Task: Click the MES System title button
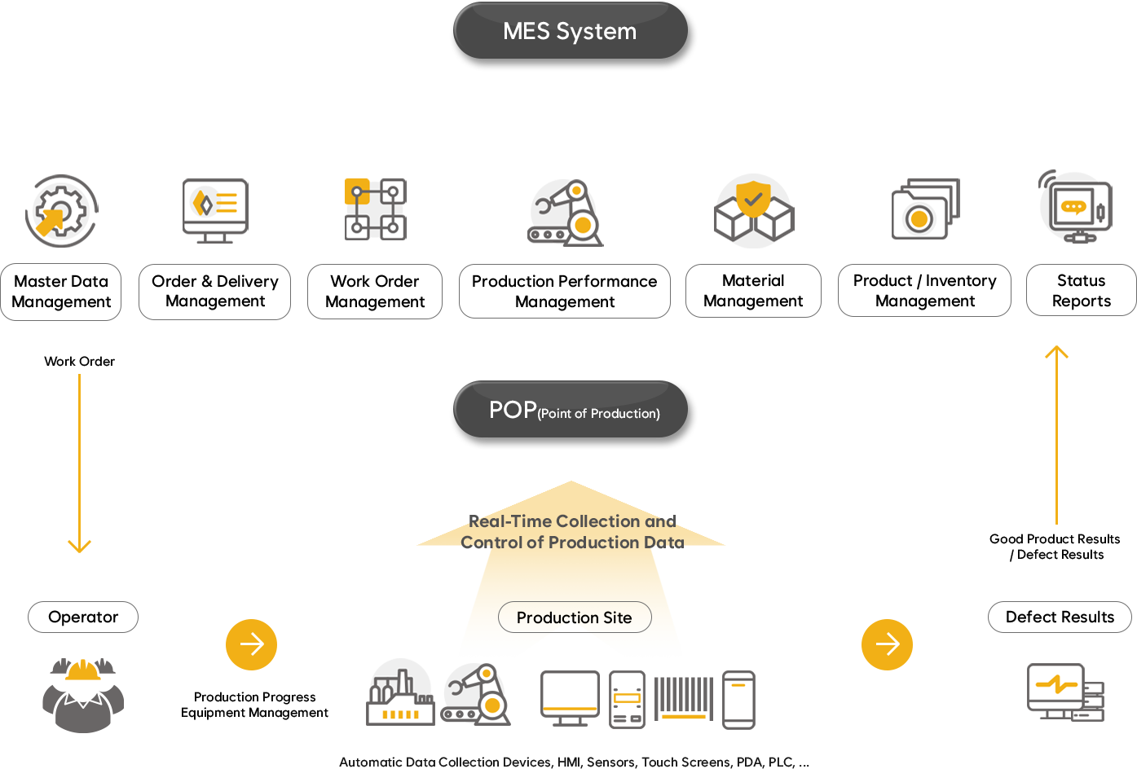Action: pos(571,31)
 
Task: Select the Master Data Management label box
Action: pos(61,292)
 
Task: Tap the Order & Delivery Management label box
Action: pos(214,292)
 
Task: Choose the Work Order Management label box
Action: pos(375,292)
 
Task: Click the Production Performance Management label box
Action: pos(564,292)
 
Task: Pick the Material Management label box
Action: pos(753,291)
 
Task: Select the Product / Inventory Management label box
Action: pos(924,291)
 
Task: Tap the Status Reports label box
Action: pos(1081,291)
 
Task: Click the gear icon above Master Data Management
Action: pos(61,211)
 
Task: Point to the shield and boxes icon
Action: pos(754,212)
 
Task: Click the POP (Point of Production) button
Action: pos(573,411)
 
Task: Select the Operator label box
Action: pos(83,617)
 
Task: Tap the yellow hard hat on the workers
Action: pos(83,671)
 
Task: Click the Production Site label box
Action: pos(575,617)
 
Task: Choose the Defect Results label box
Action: pos(1060,617)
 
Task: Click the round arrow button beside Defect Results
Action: pos(887,644)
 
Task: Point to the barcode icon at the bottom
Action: pos(684,698)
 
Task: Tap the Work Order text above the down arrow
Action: pos(79,361)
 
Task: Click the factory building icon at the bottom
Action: pos(399,696)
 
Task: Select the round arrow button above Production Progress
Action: pos(251,644)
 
